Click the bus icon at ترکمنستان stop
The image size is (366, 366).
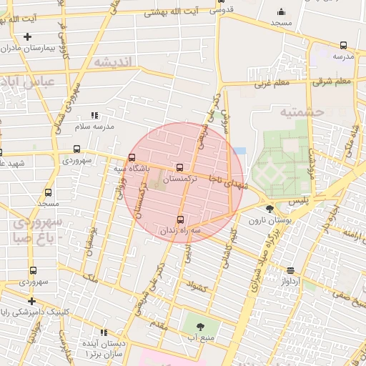tap(179, 167)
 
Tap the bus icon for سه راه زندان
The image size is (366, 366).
tap(179, 219)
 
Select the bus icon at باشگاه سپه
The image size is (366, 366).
tap(132, 157)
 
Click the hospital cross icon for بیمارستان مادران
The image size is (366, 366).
tap(27, 36)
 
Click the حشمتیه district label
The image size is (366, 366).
tap(302, 112)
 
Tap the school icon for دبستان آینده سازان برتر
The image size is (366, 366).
tap(104, 332)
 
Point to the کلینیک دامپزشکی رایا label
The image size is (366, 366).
tap(28, 312)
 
